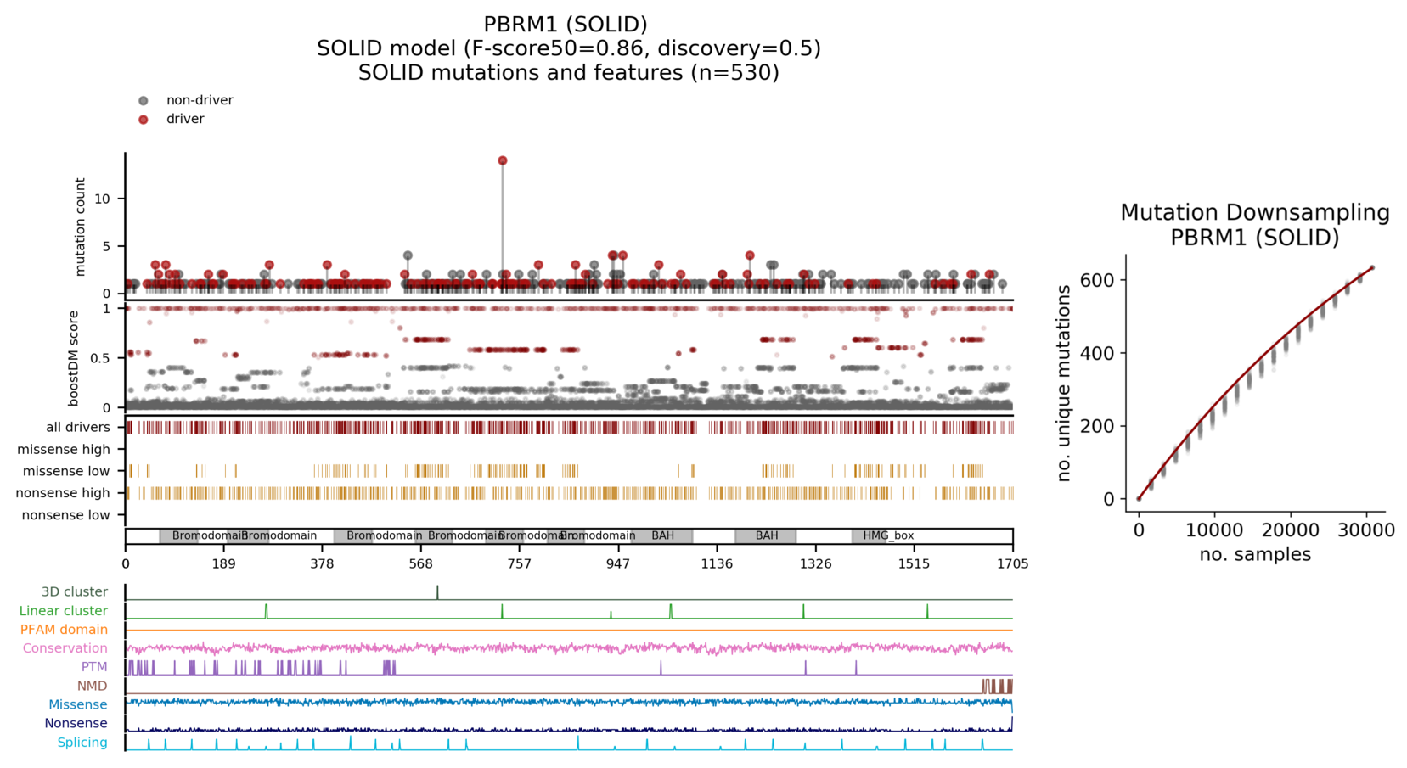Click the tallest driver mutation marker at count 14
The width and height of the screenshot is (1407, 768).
[503, 160]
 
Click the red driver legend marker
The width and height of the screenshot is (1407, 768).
[144, 120]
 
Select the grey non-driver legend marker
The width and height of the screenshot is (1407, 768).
[144, 101]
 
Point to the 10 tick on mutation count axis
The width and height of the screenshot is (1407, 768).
[103, 199]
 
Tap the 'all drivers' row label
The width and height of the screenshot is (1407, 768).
[78, 428]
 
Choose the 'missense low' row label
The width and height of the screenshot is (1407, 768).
[66, 471]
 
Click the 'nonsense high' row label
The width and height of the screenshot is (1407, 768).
[63, 493]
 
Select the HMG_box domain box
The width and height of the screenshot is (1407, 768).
[888, 535]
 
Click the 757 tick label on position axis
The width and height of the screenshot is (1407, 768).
[519, 563]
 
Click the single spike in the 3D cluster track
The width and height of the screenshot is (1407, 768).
[437, 592]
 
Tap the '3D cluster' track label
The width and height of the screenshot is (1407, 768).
[75, 592]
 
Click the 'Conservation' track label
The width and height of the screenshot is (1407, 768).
[65, 648]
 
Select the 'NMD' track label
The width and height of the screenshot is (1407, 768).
[93, 686]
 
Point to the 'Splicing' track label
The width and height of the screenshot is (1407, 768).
[82, 743]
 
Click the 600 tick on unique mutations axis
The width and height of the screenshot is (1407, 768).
[1096, 280]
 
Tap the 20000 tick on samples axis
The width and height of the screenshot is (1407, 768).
[1291, 530]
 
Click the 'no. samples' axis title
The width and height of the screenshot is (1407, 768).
[1255, 555]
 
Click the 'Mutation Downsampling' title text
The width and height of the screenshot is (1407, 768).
[1255, 213]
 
